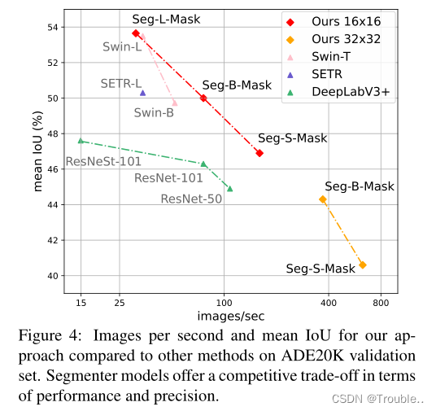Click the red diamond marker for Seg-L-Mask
click(x=136, y=33)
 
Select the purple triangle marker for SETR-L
click(x=142, y=93)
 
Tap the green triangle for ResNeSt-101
click(x=81, y=141)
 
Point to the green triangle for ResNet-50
click(x=229, y=189)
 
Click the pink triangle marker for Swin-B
click(x=174, y=103)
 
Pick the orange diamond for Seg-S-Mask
click(x=362, y=265)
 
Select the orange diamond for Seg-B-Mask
click(x=323, y=199)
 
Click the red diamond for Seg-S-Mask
click(x=259, y=153)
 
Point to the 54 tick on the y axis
click(x=56, y=27)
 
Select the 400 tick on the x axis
click(x=329, y=303)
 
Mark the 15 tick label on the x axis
click(x=81, y=303)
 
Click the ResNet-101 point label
click(x=168, y=178)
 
